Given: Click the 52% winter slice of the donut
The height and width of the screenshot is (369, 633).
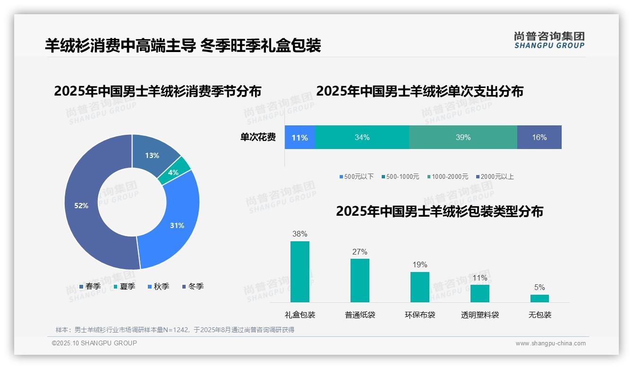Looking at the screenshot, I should click(x=81, y=205).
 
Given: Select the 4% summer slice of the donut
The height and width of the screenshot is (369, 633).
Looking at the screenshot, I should click(x=173, y=173).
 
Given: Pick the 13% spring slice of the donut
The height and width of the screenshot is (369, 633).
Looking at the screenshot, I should click(x=152, y=155).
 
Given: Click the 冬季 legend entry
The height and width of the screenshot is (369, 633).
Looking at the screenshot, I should click(x=192, y=287).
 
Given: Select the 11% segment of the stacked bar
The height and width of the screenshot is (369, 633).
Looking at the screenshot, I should click(x=299, y=138).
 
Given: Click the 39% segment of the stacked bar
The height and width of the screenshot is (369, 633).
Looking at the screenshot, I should click(x=463, y=138).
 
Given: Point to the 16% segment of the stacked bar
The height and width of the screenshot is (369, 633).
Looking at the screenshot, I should click(x=539, y=138).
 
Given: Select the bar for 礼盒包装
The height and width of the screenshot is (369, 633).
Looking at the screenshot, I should click(x=300, y=272).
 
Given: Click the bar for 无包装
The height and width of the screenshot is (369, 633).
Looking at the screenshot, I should click(x=539, y=299).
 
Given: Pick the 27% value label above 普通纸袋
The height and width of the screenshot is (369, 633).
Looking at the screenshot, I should click(x=359, y=252).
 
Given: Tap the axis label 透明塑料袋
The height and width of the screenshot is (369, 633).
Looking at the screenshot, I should click(x=480, y=315).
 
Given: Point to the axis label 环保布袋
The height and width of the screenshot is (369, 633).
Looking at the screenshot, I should click(x=420, y=315).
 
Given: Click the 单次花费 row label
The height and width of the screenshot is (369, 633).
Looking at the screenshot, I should click(x=258, y=138).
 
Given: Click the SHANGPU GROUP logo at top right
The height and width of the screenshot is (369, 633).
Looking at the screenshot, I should click(x=549, y=40).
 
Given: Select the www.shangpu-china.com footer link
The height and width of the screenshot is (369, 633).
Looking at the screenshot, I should click(x=550, y=343).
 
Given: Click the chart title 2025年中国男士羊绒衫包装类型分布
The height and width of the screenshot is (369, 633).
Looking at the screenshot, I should click(x=439, y=211).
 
